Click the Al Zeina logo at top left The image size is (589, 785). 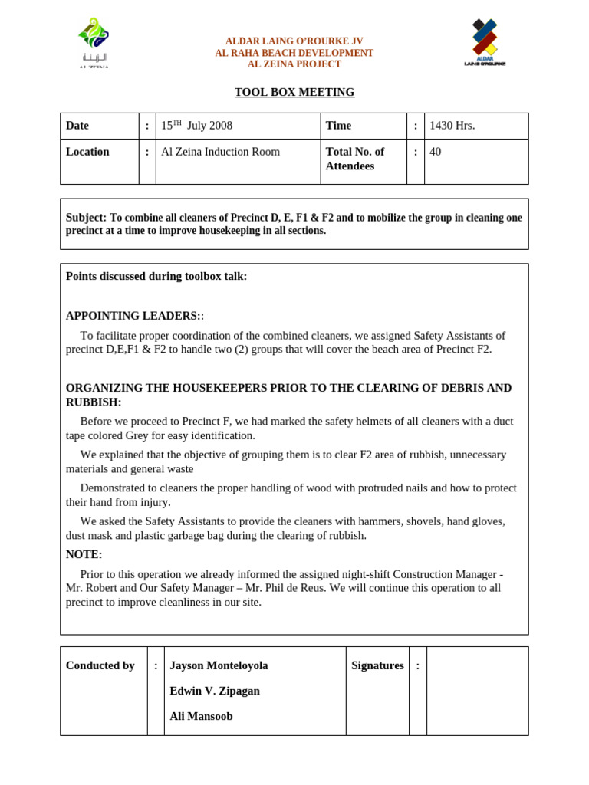point(93,43)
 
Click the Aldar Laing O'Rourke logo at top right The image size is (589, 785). point(485,42)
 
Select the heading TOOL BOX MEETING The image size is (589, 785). point(294,92)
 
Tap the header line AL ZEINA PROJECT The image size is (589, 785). point(294,64)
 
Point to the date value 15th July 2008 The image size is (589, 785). point(196,126)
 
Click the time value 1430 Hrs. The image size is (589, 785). point(452,126)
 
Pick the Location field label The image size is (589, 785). point(87,152)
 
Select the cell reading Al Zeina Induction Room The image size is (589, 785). point(220,152)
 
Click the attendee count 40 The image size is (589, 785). point(435,152)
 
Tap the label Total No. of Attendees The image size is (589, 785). point(354,159)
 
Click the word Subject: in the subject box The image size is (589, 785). point(86,218)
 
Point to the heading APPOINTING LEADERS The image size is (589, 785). point(132,316)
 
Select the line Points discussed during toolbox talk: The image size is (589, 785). point(156,276)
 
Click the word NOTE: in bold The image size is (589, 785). point(84,554)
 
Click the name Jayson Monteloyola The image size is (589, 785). point(219,665)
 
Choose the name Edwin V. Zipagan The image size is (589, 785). point(215,691)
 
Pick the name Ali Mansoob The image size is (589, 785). point(201,716)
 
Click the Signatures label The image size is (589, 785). point(377,665)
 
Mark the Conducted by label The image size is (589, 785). point(100,665)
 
